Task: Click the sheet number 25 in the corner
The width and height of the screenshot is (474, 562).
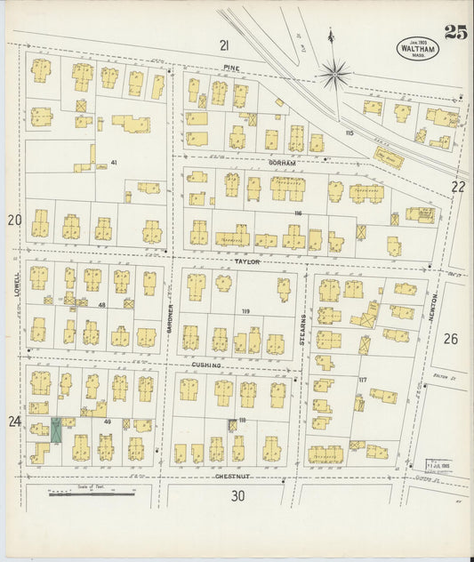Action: coord(455,33)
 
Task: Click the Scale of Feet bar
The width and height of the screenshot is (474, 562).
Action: coord(92,492)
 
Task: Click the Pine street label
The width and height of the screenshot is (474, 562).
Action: coord(232,67)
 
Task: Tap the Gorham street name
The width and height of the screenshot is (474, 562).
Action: coord(281,164)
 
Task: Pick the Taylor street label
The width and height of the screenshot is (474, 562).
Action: coord(245,262)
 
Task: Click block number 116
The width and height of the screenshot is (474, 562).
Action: coord(297,214)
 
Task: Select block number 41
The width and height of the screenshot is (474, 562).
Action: coord(114,163)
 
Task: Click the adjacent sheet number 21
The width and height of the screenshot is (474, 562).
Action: coord(226,44)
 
